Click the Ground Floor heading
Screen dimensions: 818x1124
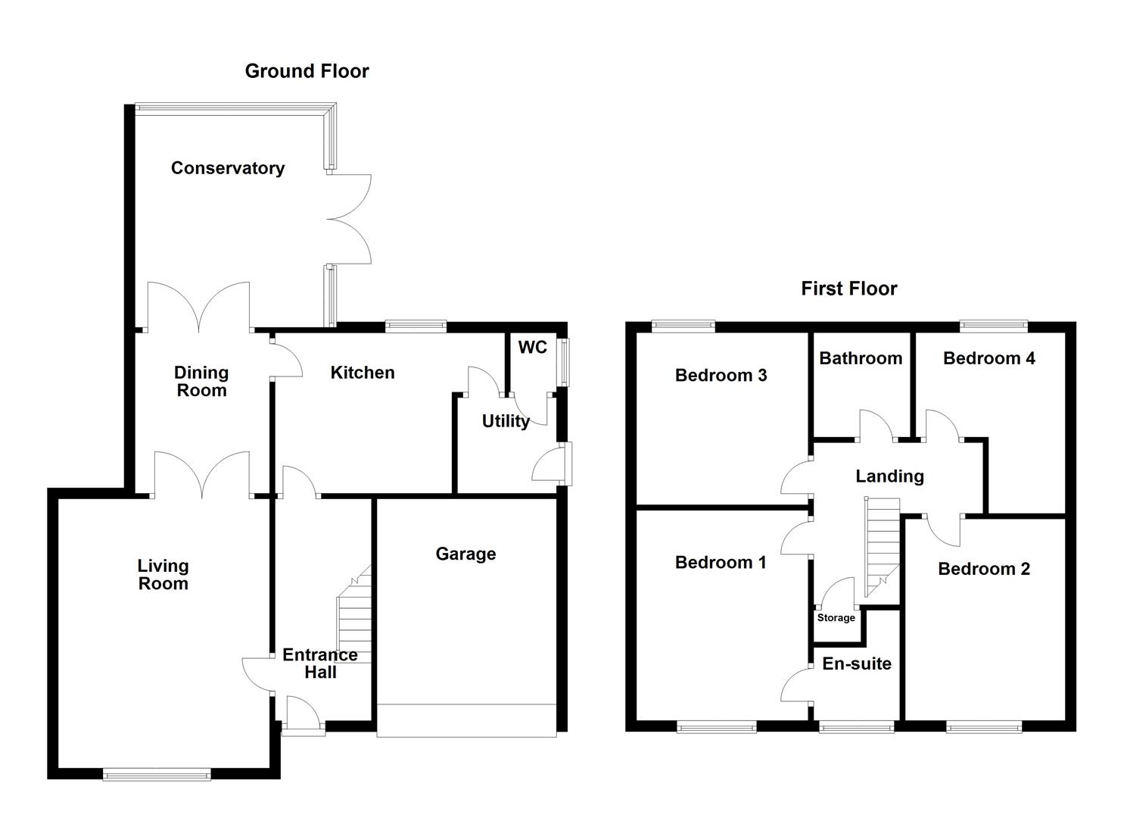coord(307,71)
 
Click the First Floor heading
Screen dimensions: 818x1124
coord(848,289)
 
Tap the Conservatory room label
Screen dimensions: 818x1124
coord(227,168)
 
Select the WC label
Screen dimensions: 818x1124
coord(532,348)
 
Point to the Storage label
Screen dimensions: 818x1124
coord(836,618)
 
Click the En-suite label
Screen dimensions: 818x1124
coord(856,664)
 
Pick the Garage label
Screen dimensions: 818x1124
coord(465,554)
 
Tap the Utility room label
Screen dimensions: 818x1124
coord(505,421)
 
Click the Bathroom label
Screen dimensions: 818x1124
coord(860,358)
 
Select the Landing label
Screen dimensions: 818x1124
coord(889,476)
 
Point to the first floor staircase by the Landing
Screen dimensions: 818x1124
coord(882,544)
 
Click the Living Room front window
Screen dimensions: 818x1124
coord(157,773)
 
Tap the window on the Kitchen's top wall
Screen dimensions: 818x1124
coord(416,326)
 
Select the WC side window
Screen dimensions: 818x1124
coord(564,362)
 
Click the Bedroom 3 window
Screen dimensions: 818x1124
coord(683,326)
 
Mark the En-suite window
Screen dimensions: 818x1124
coord(856,728)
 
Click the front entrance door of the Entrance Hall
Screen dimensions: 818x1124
coord(304,716)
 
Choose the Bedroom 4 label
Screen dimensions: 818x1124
coord(989,358)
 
